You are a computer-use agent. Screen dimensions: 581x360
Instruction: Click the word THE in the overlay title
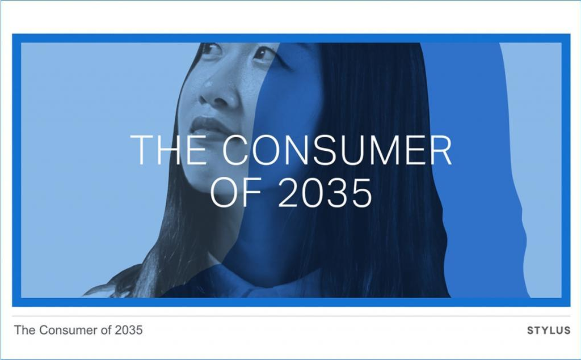coord(168,150)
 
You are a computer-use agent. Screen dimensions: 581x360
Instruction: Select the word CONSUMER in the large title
coord(337,150)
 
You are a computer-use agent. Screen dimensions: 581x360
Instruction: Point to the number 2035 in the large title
coord(325,192)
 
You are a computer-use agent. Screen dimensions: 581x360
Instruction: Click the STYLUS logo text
coord(549,331)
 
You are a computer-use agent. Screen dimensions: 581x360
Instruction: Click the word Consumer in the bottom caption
coord(68,330)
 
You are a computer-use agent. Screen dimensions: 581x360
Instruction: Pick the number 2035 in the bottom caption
coord(129,330)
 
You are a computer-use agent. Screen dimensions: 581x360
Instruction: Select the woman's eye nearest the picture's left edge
coord(210,49)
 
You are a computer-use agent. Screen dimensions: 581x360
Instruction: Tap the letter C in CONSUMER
coord(235,150)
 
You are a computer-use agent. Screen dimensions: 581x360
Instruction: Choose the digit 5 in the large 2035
coord(361,193)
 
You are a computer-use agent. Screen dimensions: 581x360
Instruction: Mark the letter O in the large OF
coord(224,192)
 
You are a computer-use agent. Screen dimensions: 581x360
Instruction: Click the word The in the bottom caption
coord(25,330)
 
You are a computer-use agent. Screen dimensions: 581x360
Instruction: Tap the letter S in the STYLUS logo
coord(531,331)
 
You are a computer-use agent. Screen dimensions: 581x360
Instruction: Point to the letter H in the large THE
coord(170,150)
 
